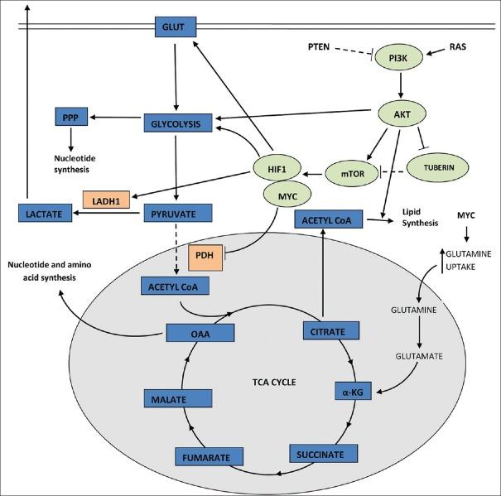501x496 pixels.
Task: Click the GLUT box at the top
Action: click(x=174, y=27)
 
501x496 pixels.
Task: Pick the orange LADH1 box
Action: click(x=106, y=200)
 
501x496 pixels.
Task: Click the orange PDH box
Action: click(x=203, y=255)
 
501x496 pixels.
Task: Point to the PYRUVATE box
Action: click(x=178, y=214)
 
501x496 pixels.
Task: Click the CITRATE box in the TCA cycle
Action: click(x=330, y=330)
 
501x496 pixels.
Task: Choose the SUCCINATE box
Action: click(x=323, y=453)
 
